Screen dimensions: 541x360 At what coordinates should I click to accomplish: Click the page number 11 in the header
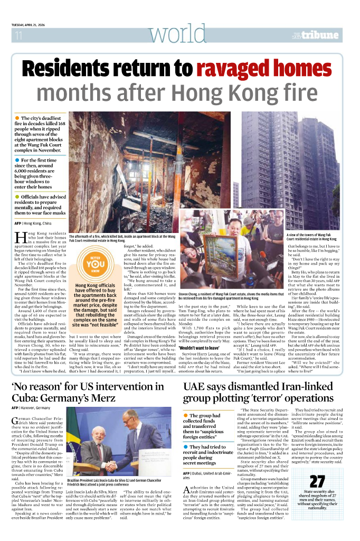pos(18,36)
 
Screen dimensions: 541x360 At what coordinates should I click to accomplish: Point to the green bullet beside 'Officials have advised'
pos(18,197)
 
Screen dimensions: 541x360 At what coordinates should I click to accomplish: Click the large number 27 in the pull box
pos(317,482)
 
